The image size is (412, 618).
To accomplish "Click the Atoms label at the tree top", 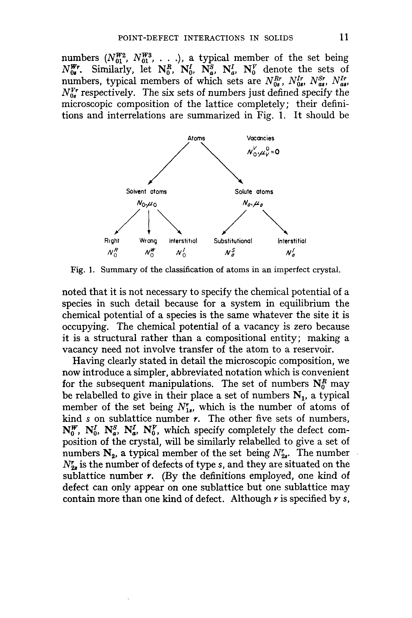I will tap(196, 138).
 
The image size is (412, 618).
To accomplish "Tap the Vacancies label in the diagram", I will tap(260, 138).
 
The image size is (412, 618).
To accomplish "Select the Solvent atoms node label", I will tap(146, 192).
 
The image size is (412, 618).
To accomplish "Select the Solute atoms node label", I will tap(254, 192).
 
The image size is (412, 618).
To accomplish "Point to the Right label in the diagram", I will tap(111, 241).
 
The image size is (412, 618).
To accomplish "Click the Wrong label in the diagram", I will tap(148, 241).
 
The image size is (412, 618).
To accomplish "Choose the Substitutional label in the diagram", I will tap(233, 241).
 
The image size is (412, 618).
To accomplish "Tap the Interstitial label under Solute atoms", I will tap(292, 241).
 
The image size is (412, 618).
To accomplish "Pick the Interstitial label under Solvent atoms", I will tap(183, 241).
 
